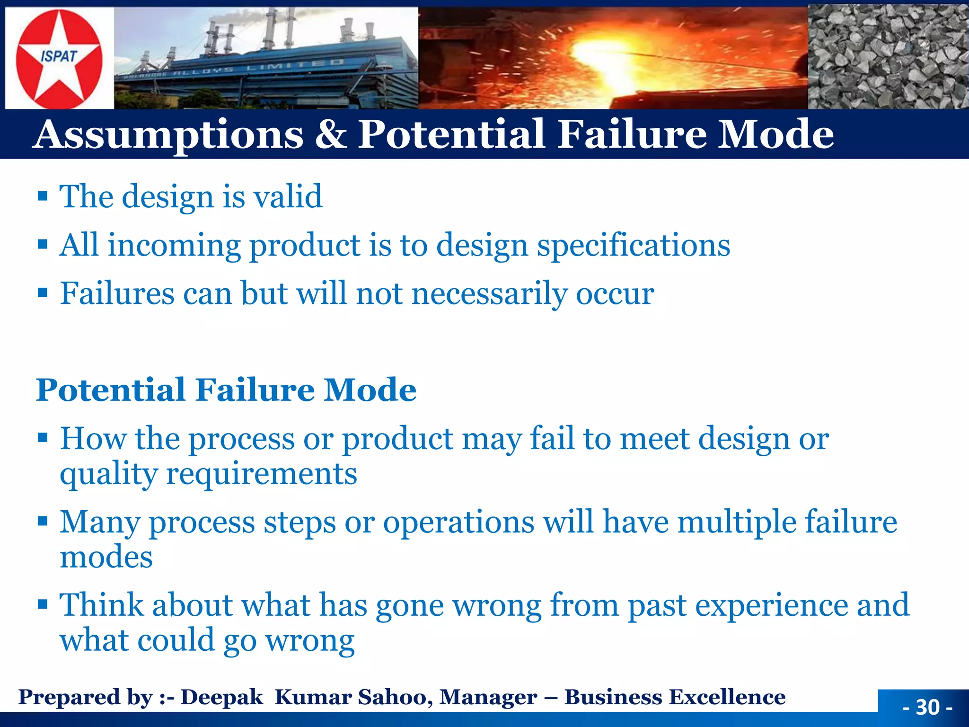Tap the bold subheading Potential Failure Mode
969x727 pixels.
226,390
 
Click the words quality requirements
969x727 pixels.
208,474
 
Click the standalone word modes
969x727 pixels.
106,557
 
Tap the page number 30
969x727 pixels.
927,707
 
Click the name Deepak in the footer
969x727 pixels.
221,697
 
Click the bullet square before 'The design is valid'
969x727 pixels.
43,196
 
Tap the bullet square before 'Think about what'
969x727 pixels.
43,604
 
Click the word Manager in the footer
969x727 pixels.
488,697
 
